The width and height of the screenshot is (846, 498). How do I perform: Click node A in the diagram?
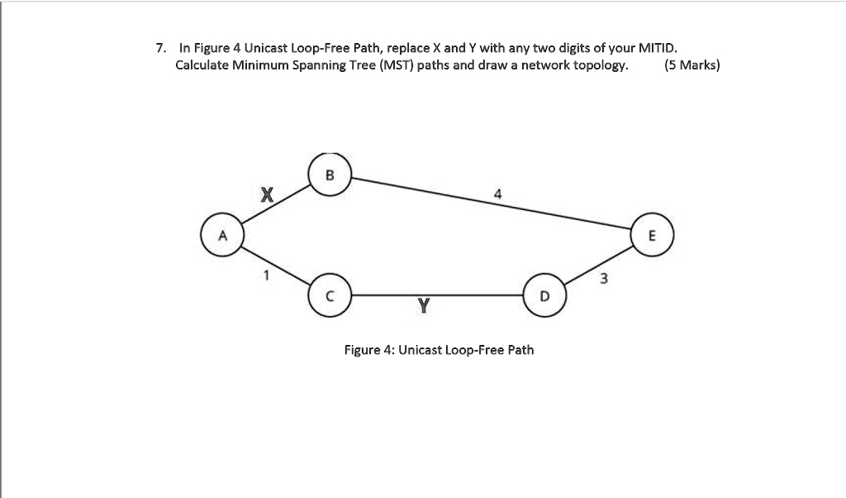click(x=221, y=234)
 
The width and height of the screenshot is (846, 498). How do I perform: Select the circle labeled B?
click(x=330, y=175)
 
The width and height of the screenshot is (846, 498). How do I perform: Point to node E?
click(x=653, y=234)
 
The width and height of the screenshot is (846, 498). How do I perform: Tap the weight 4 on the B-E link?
click(x=497, y=194)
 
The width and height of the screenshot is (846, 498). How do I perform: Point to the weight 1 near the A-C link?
click(x=265, y=275)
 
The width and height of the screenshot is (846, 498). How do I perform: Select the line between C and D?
click(x=438, y=294)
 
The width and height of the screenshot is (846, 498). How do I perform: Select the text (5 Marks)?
click(x=692, y=65)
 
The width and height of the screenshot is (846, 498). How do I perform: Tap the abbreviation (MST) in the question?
click(x=397, y=65)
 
